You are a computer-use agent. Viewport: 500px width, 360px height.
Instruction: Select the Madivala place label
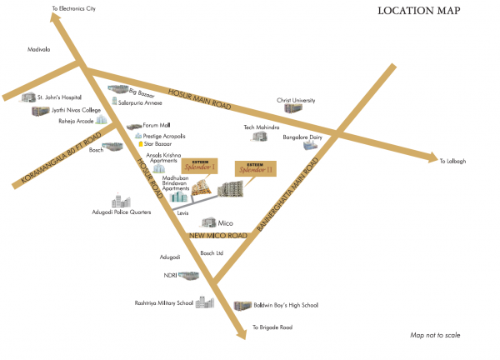38,49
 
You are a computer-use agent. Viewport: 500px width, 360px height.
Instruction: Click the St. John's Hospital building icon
28,98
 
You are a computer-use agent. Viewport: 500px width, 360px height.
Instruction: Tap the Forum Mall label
157,125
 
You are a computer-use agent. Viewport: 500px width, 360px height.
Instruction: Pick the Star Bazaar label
161,143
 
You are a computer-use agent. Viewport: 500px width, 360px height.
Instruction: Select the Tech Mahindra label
260,127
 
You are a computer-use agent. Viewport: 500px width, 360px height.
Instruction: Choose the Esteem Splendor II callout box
255,168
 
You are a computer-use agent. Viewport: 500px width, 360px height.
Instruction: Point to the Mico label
225,223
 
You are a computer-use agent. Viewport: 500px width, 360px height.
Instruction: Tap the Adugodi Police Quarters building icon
122,202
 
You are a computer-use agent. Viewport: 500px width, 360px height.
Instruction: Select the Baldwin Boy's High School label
286,306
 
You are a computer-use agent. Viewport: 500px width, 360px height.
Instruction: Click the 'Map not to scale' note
434,335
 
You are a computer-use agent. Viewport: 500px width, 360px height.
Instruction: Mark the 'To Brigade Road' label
273,327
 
